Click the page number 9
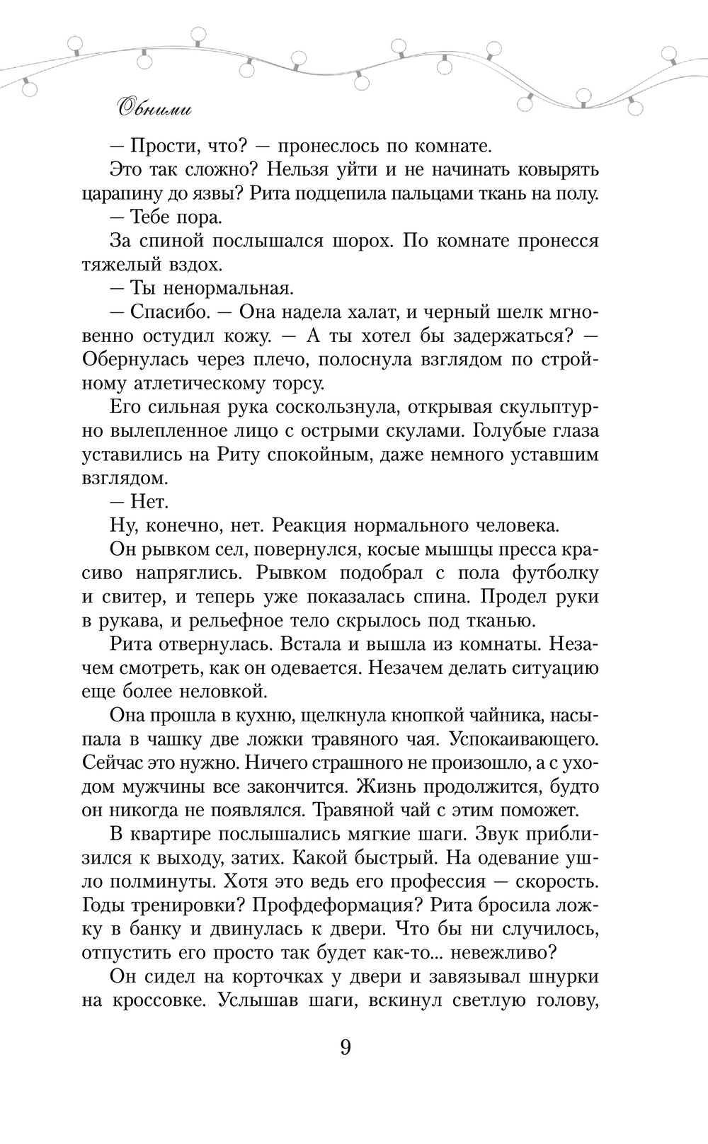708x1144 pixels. [x=346, y=1047]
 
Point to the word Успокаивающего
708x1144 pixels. [x=525, y=740]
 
